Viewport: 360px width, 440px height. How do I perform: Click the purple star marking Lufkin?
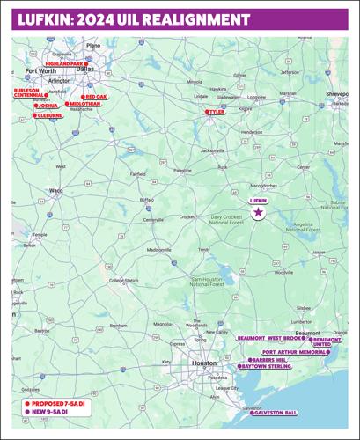[258, 213]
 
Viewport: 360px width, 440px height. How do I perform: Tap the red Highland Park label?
[64, 64]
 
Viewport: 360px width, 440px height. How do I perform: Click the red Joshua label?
[48, 106]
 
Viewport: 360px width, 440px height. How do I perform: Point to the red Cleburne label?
[48, 115]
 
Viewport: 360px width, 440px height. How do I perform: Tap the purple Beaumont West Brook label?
[270, 337]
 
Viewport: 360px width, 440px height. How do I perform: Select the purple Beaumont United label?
[327, 341]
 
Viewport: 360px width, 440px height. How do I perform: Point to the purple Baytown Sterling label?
[267, 367]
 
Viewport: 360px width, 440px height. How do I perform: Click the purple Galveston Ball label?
[275, 413]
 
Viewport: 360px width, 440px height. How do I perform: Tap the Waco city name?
[55, 190]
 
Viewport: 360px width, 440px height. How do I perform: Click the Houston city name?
[204, 363]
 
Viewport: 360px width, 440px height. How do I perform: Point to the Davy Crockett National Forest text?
[231, 219]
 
